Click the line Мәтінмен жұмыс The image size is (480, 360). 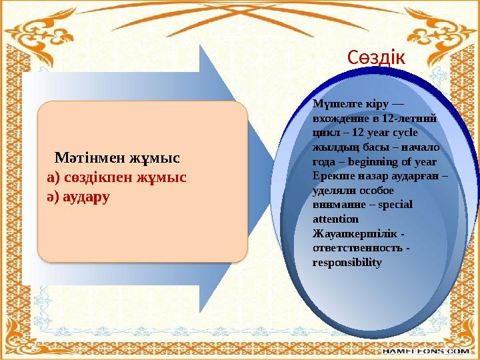(x=118, y=159)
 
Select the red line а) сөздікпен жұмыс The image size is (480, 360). (x=117, y=178)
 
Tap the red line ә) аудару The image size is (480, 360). (x=79, y=197)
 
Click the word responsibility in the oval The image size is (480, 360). (x=347, y=263)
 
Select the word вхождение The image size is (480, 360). (x=339, y=119)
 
